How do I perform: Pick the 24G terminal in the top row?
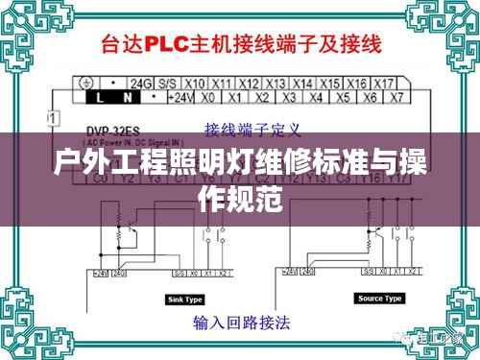click(x=143, y=84)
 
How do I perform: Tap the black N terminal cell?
click(x=120, y=97)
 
